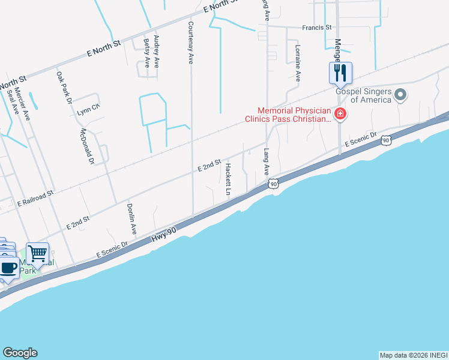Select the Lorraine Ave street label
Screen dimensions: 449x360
297,62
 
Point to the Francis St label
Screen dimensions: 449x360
317,28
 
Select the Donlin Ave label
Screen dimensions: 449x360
131,219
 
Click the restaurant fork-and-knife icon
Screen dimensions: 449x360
340,73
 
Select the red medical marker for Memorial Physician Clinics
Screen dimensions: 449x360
340,114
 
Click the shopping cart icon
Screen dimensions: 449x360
38,254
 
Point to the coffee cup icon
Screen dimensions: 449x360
8,268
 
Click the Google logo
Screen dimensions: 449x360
20,353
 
